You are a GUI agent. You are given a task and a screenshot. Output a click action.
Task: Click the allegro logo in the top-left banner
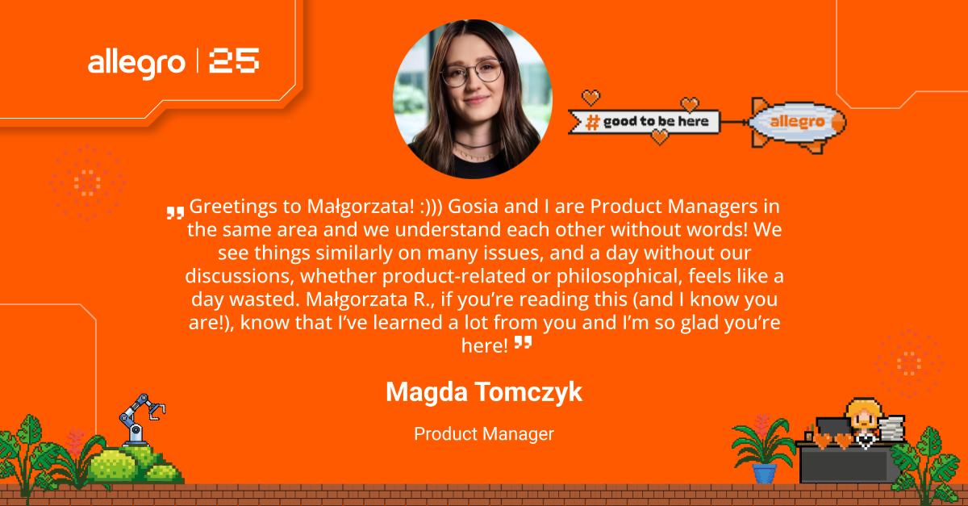pos(136,64)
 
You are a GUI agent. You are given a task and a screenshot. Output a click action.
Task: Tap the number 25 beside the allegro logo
pos(234,61)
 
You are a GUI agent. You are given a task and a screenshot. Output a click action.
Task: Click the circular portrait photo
pos(473,99)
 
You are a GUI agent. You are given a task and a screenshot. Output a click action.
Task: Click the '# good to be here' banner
pos(644,122)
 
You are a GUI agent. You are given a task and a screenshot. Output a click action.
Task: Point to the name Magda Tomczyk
pos(484,392)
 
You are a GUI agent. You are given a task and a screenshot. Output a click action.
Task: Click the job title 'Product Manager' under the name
pos(484,434)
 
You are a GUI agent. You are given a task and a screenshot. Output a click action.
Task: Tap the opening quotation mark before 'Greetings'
pos(176,213)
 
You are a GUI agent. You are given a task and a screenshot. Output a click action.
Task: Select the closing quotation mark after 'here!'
pos(523,342)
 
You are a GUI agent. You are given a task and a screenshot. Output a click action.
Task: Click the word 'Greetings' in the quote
pos(233,207)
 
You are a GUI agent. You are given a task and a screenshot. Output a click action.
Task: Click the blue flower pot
pos(765,473)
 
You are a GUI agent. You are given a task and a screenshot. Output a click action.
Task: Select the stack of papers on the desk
pos(891,429)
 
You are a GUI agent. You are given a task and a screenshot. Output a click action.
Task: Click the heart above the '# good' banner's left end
pos(590,98)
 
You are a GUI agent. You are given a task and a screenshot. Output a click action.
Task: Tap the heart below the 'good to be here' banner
pos(660,137)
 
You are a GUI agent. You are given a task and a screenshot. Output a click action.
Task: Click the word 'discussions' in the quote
pos(240,276)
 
